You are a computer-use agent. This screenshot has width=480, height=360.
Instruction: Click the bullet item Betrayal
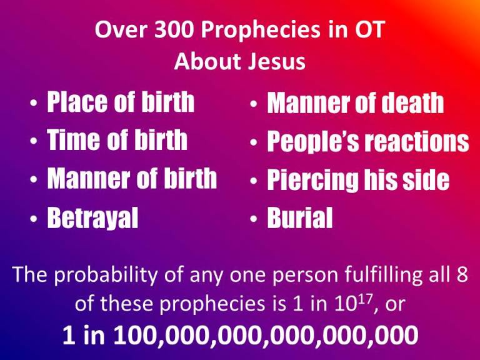tap(93, 219)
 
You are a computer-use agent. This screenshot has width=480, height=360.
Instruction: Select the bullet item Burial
tap(300, 219)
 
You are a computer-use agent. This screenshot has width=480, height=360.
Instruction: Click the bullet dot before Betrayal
tap(34, 220)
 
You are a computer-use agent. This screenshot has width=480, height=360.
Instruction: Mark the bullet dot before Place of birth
tap(34, 104)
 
